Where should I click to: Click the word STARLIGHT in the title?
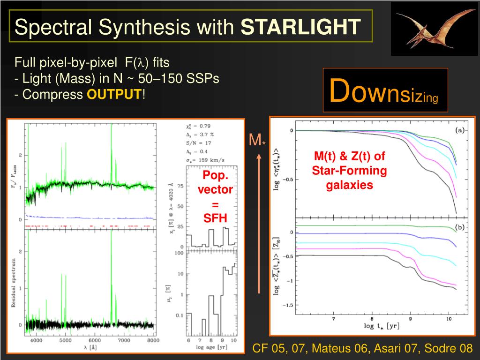tap(300, 28)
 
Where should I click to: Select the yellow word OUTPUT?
tap(114, 94)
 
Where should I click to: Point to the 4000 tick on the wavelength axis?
tap(36, 340)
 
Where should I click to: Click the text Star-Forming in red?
tap(350, 171)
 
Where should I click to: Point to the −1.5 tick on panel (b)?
tap(288, 305)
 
